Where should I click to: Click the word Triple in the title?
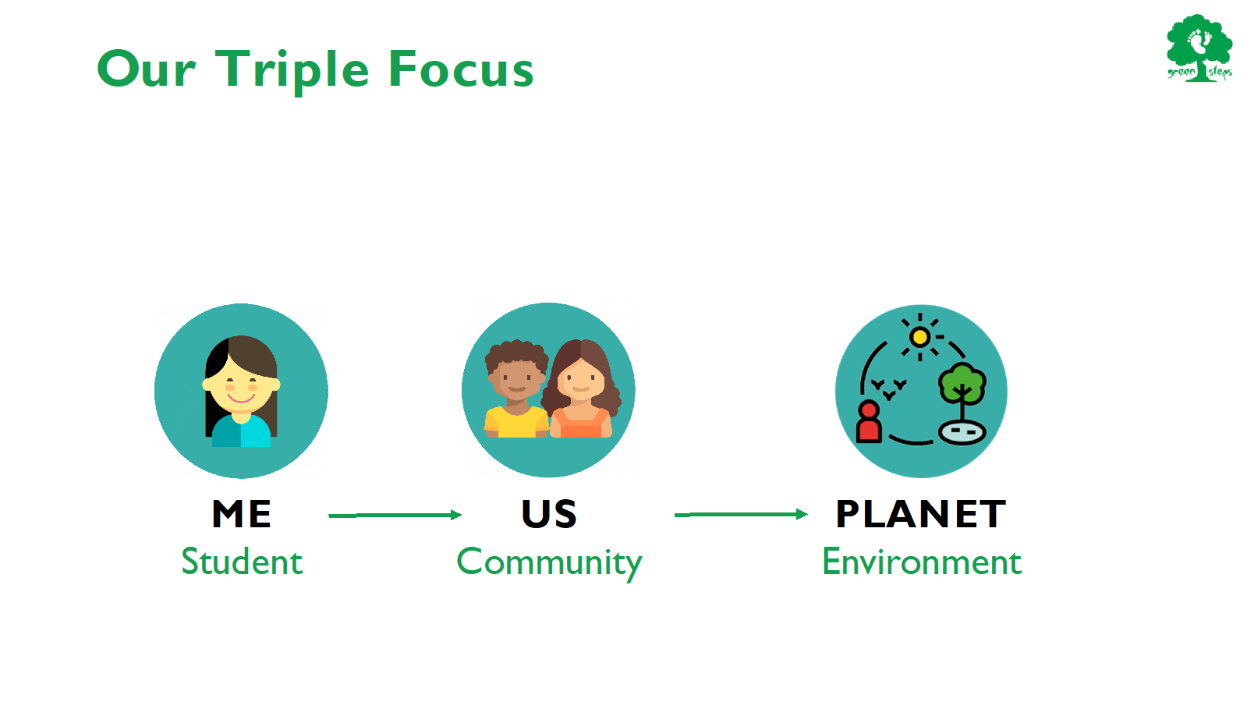click(292, 71)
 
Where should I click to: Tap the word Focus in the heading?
click(461, 69)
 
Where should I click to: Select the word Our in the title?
click(147, 69)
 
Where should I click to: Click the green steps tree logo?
click(1199, 48)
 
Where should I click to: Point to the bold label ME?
click(242, 513)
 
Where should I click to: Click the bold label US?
click(549, 513)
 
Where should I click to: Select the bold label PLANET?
click(921, 513)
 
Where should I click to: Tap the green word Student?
click(243, 561)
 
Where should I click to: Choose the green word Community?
click(549, 563)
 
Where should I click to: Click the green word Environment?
click(922, 561)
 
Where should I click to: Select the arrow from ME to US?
click(395, 516)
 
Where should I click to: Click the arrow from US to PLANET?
click(741, 514)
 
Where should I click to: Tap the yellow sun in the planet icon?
click(920, 337)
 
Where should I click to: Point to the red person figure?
click(869, 421)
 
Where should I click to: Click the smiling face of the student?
click(241, 384)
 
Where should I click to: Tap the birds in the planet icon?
click(889, 388)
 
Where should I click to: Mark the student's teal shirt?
click(241, 431)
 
